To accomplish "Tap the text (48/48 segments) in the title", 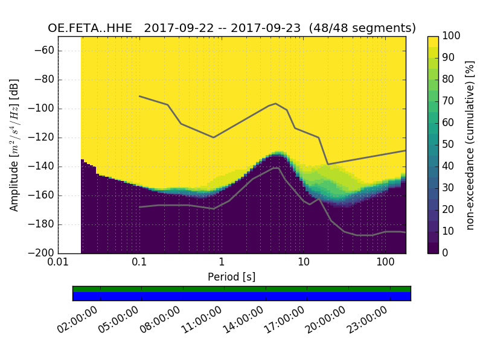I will tap(362, 28).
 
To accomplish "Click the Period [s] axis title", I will tap(231, 277).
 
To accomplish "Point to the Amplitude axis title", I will tap(14, 145).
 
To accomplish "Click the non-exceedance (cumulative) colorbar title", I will tap(470, 145).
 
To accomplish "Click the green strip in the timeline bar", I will tap(241, 289).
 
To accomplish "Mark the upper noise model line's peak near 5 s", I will tap(275, 103).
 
